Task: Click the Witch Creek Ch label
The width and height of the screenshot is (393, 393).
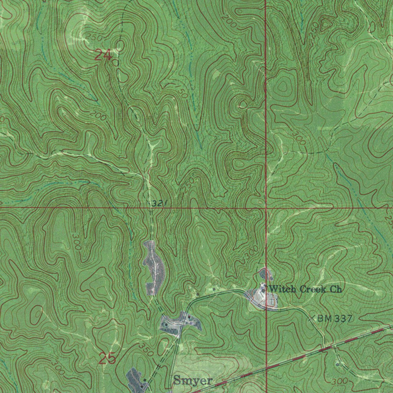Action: click(x=305, y=289)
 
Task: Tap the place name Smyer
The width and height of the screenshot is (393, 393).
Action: click(x=193, y=381)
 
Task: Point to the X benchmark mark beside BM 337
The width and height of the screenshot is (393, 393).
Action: click(x=312, y=318)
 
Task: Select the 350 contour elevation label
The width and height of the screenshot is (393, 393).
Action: click(x=146, y=350)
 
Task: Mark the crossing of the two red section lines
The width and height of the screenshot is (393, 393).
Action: click(x=266, y=208)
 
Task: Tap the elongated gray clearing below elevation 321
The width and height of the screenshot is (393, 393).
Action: click(x=154, y=268)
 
